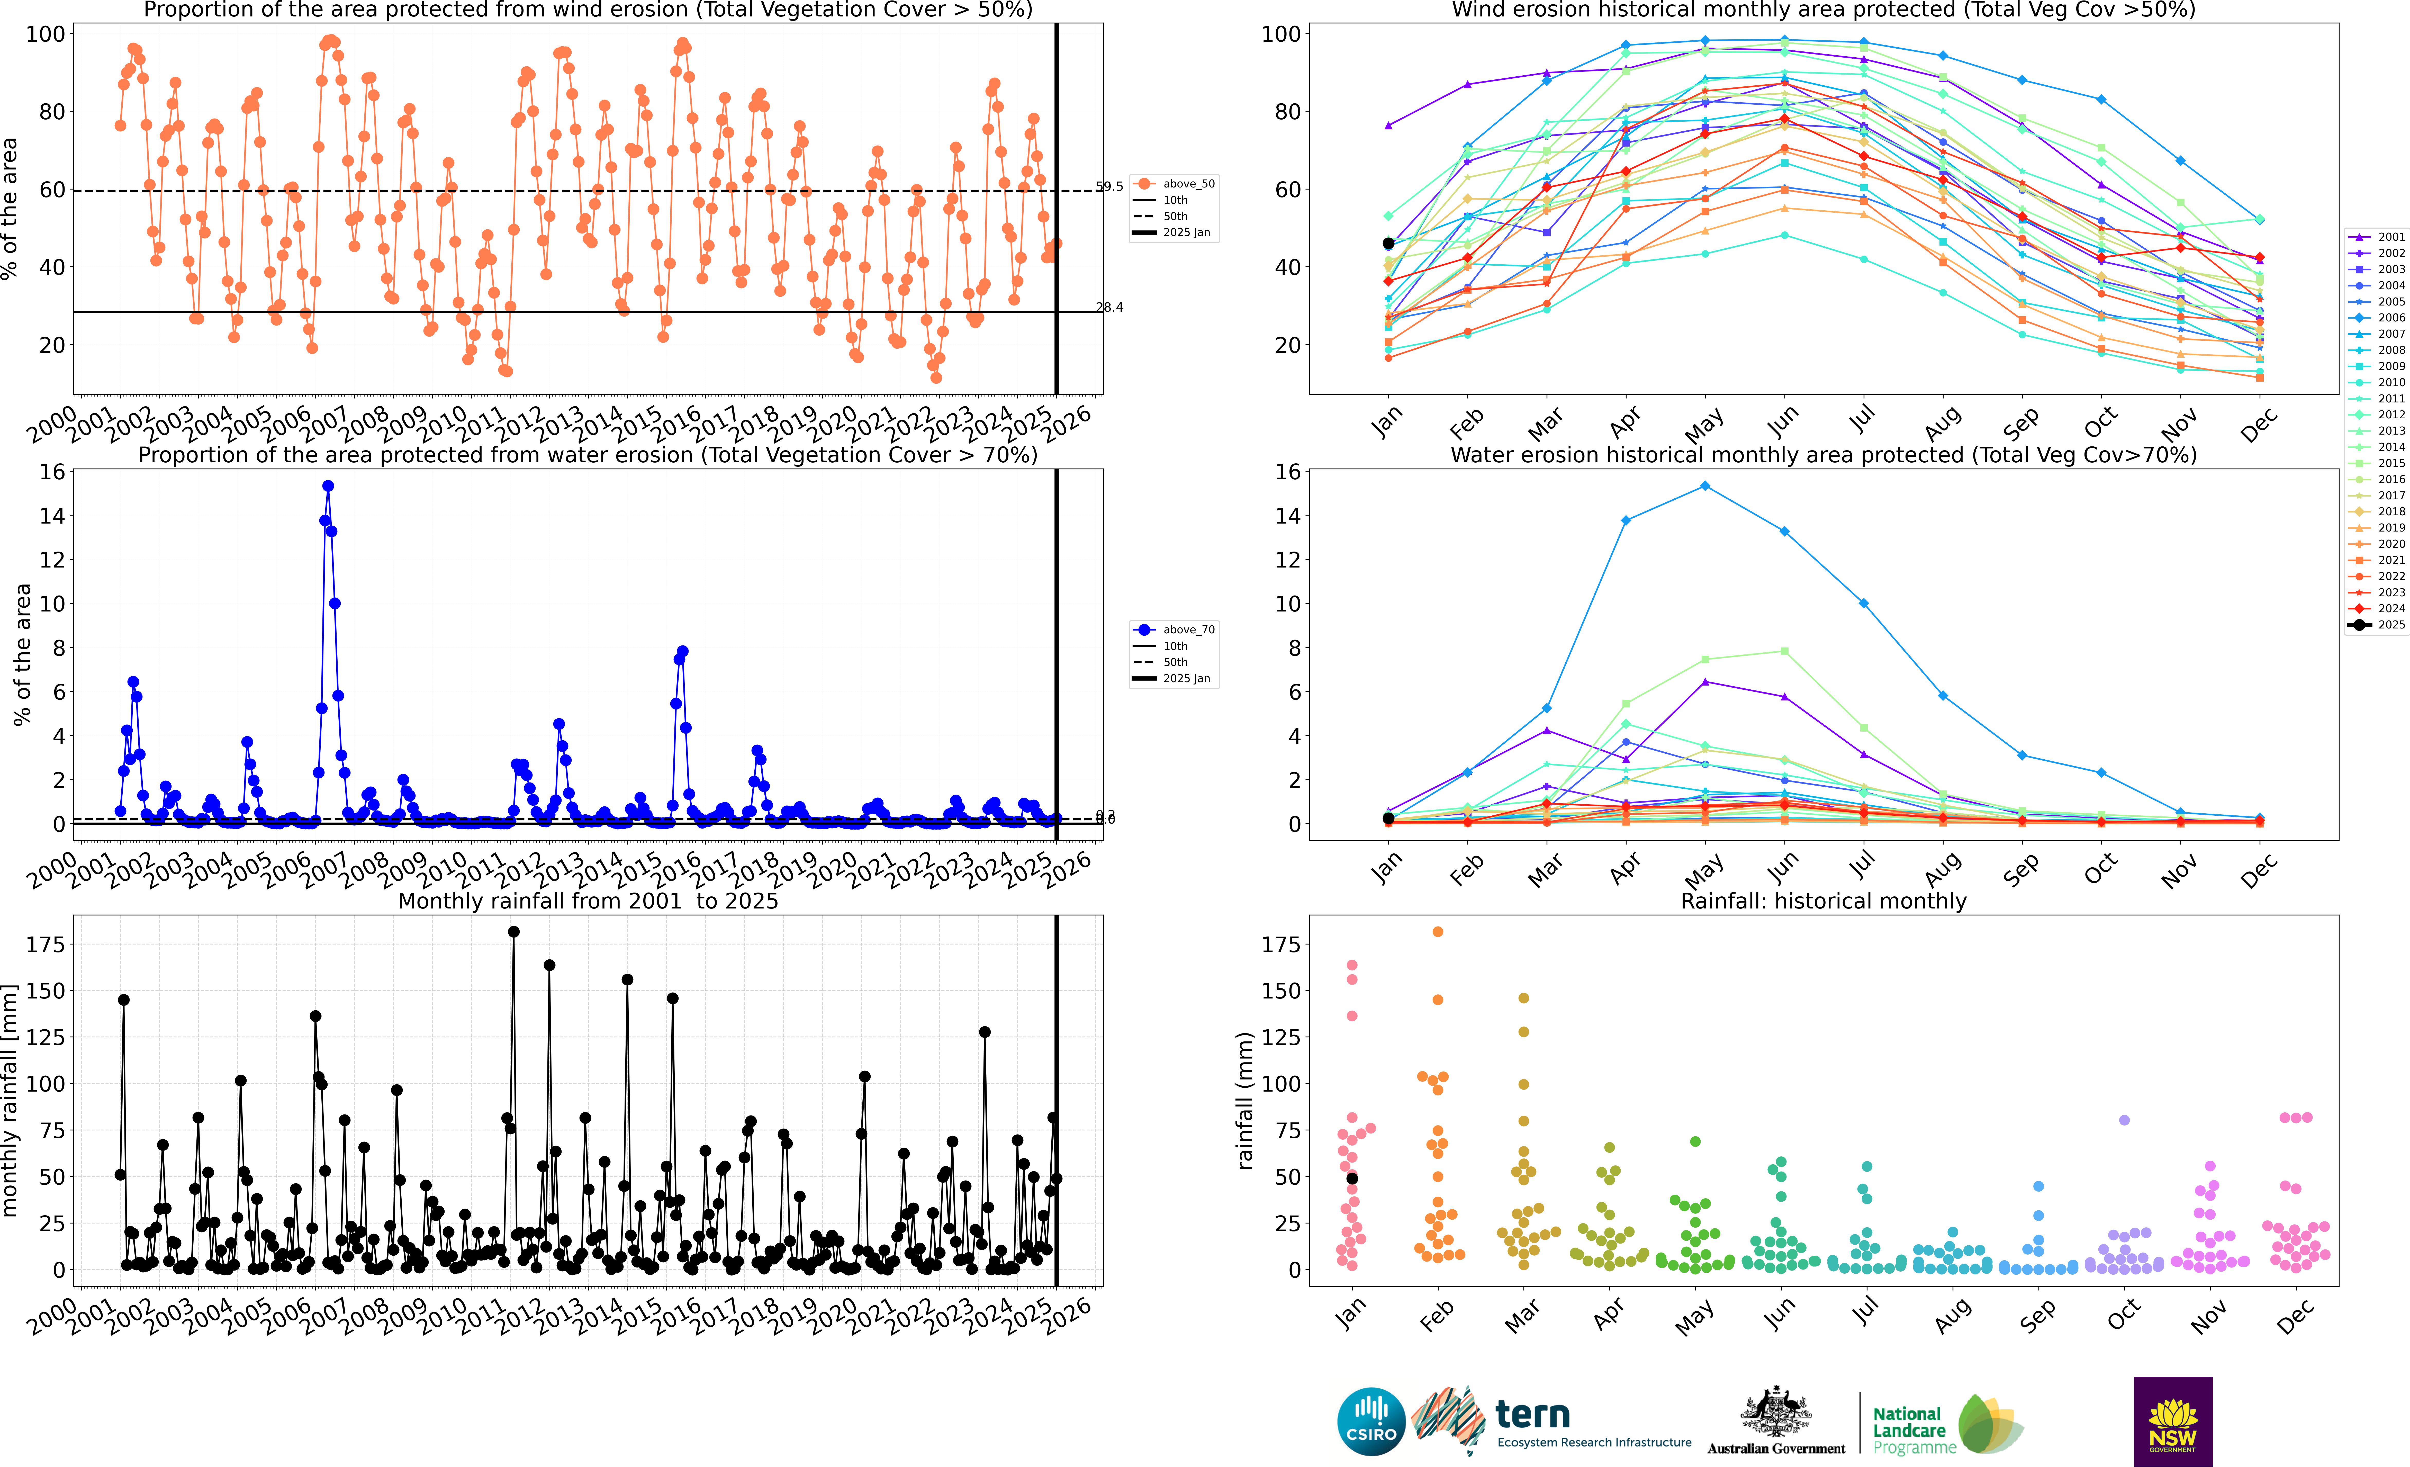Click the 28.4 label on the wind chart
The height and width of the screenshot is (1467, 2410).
(1109, 307)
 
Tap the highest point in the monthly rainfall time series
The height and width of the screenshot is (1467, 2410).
(513, 932)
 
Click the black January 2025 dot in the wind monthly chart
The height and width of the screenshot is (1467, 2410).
(1388, 244)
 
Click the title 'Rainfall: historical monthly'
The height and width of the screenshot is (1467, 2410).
(1823, 901)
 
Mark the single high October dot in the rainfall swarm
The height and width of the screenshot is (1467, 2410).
(2123, 1120)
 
